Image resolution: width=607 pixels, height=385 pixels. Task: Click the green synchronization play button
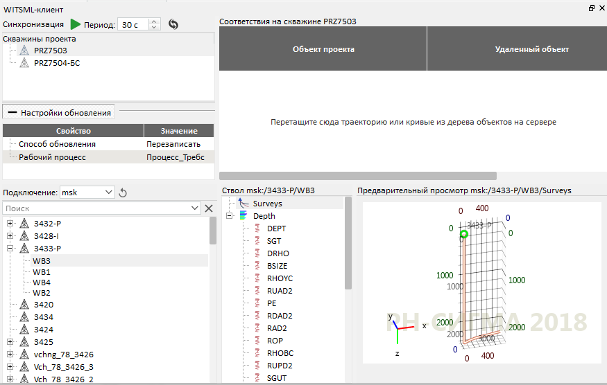75,24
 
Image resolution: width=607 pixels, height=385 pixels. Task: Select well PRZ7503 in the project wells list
51,51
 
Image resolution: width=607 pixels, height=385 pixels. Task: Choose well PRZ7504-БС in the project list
57,63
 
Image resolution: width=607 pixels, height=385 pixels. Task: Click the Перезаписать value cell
173,144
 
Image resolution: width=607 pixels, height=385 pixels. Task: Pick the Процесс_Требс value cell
176,157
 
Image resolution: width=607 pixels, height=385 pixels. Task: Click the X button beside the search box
209,208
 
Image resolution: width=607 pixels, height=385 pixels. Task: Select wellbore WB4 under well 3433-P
42,283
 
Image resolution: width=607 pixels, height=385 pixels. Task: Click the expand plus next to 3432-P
10,224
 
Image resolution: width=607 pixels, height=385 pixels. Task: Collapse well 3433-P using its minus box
10,249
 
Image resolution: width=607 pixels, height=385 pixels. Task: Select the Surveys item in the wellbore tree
268,204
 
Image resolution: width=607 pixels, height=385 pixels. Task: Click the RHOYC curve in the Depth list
280,278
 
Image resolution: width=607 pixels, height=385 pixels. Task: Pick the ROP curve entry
275,341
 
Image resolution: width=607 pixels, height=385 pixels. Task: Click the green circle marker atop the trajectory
464,234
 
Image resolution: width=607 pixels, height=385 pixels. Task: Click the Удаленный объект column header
532,49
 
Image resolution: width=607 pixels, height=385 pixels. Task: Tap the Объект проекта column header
323,49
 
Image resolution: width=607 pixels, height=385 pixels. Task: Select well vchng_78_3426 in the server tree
64,355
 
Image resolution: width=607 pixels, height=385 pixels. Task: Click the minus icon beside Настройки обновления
12,113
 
